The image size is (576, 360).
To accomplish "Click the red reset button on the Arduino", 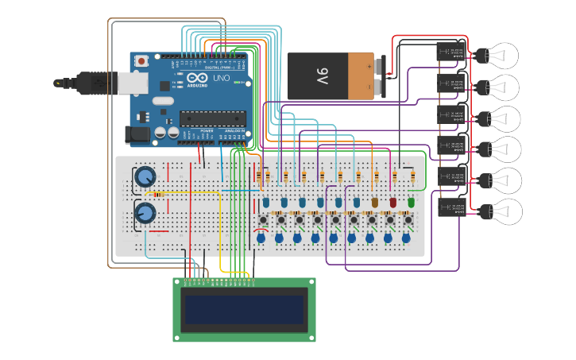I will point(141,60).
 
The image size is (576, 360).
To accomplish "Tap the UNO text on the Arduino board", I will point(220,81).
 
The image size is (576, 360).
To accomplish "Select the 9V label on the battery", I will point(323,76).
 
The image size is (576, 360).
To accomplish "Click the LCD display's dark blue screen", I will point(244,310).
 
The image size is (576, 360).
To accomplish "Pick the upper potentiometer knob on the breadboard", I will point(145,176).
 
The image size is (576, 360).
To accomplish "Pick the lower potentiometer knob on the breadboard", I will point(145,213).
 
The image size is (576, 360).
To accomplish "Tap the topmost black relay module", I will point(451,52).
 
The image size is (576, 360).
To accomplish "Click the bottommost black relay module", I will point(451,207).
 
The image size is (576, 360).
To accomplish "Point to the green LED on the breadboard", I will point(411,203).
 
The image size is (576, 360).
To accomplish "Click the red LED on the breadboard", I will point(392,203).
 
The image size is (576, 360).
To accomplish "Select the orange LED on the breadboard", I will point(374,203).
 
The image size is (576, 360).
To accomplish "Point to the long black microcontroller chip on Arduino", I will point(211,118).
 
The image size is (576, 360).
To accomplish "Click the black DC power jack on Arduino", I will point(138,135).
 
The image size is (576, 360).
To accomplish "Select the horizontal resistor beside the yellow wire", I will point(158,194).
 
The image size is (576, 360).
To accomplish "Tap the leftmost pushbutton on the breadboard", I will point(262,219).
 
